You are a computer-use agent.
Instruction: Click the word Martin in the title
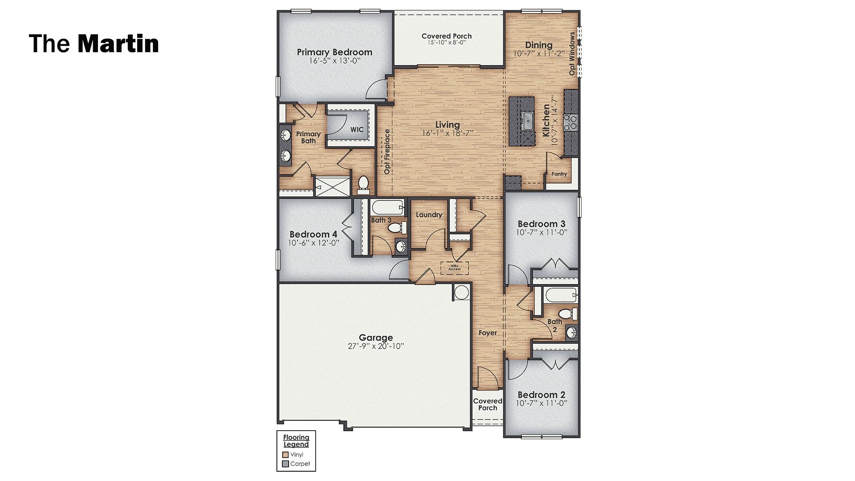(x=118, y=44)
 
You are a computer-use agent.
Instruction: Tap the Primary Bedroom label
(x=334, y=52)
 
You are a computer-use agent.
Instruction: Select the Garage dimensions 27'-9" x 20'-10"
(x=375, y=346)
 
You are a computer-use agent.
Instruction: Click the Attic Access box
(x=454, y=268)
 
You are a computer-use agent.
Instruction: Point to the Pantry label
(x=559, y=174)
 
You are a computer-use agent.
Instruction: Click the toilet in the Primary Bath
(x=363, y=184)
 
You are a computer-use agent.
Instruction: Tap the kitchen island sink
(x=528, y=121)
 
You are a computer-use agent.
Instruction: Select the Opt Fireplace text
(x=387, y=151)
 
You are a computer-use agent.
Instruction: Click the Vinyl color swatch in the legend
(x=285, y=455)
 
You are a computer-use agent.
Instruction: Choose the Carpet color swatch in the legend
(x=285, y=464)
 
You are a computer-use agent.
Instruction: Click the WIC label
(x=357, y=130)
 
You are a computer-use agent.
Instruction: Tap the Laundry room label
(x=429, y=215)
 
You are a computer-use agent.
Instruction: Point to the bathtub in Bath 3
(x=388, y=207)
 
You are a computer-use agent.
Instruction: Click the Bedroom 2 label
(x=541, y=395)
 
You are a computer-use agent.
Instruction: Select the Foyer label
(x=488, y=333)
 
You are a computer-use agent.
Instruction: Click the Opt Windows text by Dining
(x=572, y=53)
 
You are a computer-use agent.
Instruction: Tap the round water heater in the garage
(x=461, y=292)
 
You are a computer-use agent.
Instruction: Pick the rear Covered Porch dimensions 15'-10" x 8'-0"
(x=446, y=43)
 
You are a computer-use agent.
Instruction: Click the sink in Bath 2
(x=571, y=332)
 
